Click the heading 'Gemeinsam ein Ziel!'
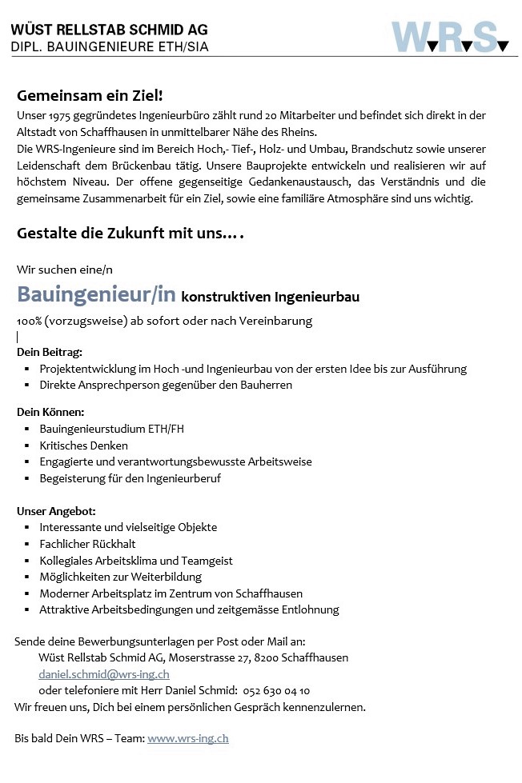click(90, 95)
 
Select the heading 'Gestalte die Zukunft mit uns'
click(130, 234)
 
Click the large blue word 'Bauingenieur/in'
click(96, 294)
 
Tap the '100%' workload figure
click(29, 321)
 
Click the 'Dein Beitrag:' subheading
click(49, 351)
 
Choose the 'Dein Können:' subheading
click(50, 411)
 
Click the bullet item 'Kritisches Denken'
click(83, 445)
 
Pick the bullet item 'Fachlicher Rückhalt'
click(87, 544)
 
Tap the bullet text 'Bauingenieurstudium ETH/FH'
click(111, 429)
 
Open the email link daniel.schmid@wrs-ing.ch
click(103, 674)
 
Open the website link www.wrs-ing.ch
click(188, 738)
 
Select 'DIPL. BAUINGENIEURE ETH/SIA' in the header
click(110, 47)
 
